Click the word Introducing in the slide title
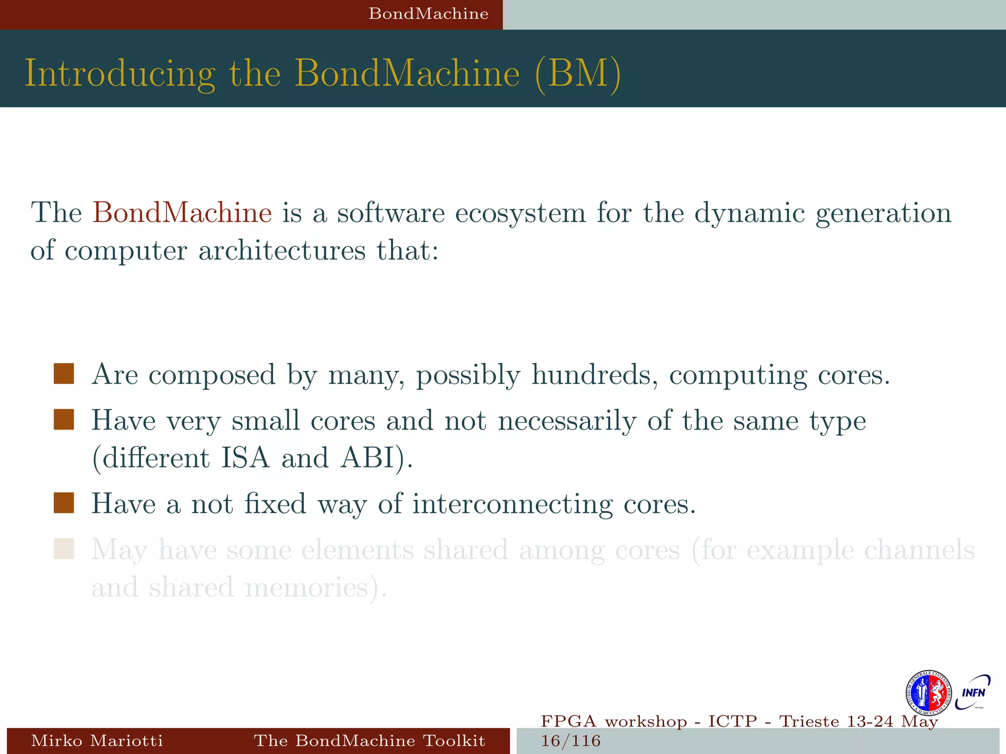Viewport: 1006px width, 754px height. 120,74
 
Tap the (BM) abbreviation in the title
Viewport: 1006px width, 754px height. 578,74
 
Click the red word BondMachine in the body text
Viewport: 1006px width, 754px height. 182,213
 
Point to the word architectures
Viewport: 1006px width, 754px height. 281,250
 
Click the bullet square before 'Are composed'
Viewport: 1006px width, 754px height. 64,374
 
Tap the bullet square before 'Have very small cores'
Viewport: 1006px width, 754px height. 64,420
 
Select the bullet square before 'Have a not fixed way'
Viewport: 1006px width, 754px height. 64,503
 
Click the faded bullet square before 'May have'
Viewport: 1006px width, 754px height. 64,549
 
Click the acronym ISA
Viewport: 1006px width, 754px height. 245,458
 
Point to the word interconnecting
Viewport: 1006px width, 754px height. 512,504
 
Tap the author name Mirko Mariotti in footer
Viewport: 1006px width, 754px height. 97,740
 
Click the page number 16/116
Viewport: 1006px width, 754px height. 570,741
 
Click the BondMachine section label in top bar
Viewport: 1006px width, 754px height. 428,14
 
